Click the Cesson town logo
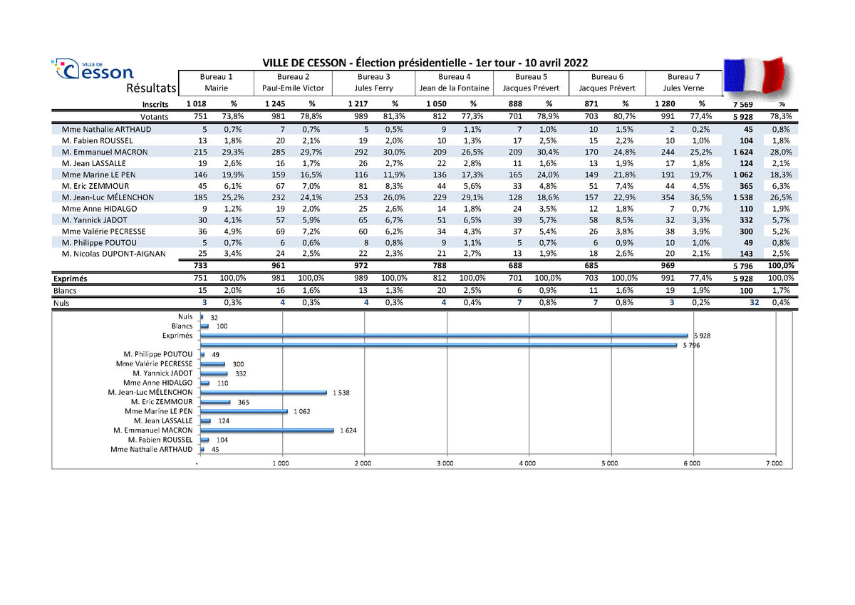coord(93,70)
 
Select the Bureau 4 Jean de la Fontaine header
coord(455,82)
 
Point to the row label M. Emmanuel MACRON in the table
coord(105,152)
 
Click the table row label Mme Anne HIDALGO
coord(100,209)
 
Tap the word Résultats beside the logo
coord(150,88)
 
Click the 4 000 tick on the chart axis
coord(527,463)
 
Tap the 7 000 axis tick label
coord(774,463)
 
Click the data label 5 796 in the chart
coord(690,346)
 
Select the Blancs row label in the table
coord(66,291)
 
